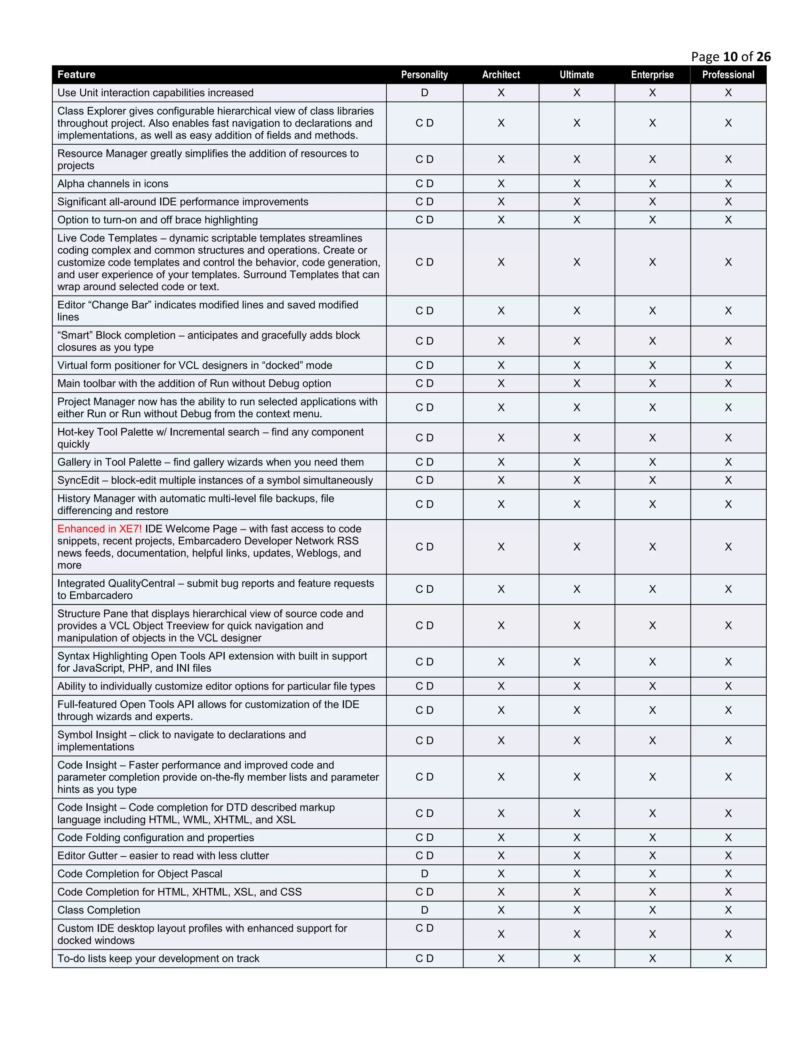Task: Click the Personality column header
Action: (424, 75)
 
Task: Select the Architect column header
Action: (501, 75)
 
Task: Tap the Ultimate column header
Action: (577, 75)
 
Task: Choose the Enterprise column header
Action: (652, 75)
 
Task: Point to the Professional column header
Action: (728, 75)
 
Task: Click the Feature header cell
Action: (77, 74)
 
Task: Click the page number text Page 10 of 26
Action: (730, 57)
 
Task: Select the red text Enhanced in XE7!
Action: (99, 529)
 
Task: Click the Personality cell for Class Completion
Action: (424, 910)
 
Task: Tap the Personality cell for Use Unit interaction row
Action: (424, 92)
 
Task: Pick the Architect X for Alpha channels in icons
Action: (501, 184)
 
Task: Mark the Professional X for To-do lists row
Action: (728, 958)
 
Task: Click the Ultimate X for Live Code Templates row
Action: (577, 262)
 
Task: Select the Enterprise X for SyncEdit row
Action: (652, 480)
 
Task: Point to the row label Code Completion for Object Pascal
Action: (139, 874)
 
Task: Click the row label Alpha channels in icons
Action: (113, 184)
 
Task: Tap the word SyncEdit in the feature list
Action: (78, 480)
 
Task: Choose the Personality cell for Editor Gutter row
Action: (424, 856)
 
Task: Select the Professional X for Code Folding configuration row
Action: (728, 838)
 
